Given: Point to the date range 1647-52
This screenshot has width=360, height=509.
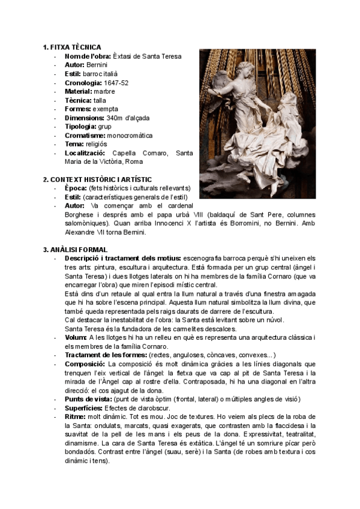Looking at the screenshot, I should point(116,82).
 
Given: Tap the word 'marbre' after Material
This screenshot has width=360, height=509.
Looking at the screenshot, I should point(104,91).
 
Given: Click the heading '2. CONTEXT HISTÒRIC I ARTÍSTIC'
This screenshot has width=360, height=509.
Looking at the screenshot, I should point(97,179).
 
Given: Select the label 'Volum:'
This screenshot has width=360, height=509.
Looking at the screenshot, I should point(76,338).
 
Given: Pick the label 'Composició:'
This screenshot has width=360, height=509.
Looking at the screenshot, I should point(84,364).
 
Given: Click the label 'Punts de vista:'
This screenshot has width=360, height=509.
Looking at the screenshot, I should point(88,399).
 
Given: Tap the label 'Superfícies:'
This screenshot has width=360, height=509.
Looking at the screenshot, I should point(85,408).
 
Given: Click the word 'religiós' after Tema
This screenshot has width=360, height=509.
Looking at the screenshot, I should point(97,144).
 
